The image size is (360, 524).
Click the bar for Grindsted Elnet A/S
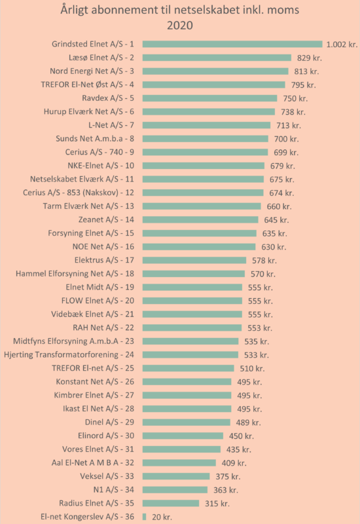click(x=232, y=44)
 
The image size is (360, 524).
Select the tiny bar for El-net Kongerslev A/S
click(x=144, y=517)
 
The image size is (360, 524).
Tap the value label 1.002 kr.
click(x=342, y=45)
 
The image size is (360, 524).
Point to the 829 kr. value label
click(x=309, y=58)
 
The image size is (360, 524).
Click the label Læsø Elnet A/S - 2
click(x=101, y=58)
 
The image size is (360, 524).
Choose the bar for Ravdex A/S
click(x=209, y=98)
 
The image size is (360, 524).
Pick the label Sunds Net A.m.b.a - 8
click(x=95, y=138)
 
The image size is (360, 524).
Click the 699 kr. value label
click(x=286, y=153)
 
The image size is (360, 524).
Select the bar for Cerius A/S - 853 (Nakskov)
click(x=203, y=193)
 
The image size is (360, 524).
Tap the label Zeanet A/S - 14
click(x=106, y=219)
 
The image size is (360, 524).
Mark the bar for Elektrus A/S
click(x=194, y=260)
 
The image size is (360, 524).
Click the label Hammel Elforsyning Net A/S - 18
click(x=75, y=274)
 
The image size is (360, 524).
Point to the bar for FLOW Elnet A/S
click(x=192, y=301)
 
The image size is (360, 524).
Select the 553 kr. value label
click(x=260, y=328)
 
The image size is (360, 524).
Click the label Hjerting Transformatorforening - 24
click(x=69, y=354)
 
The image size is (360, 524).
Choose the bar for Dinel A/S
click(x=187, y=422)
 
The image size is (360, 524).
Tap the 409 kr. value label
click(x=234, y=463)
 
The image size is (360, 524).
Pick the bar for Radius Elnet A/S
click(x=171, y=503)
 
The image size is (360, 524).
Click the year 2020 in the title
click(x=179, y=26)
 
